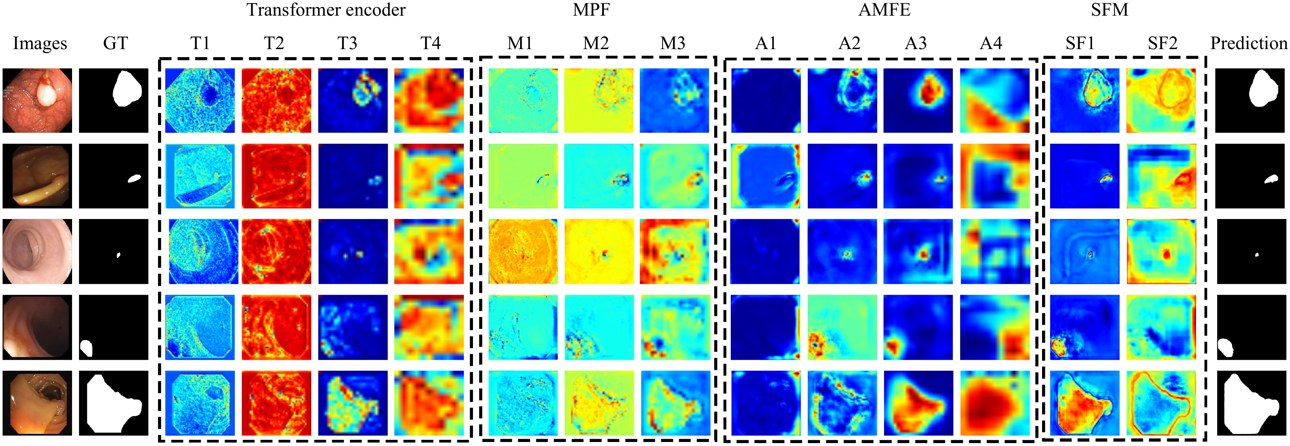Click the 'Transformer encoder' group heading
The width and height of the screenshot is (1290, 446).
tap(326, 10)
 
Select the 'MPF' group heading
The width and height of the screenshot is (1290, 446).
tap(591, 10)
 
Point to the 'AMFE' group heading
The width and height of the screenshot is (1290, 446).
tap(884, 10)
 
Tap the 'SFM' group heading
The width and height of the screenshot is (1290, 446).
tap(1110, 10)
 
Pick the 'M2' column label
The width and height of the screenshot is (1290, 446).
tap(596, 44)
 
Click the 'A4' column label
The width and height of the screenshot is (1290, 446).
tap(991, 44)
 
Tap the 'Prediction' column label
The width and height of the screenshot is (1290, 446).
tap(1249, 44)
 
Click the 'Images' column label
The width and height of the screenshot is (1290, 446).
tap(40, 44)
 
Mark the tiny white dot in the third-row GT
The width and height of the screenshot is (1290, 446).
tap(118, 255)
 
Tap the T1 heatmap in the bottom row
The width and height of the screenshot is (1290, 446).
tap(200, 403)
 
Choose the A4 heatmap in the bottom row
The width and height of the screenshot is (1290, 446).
tap(995, 403)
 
